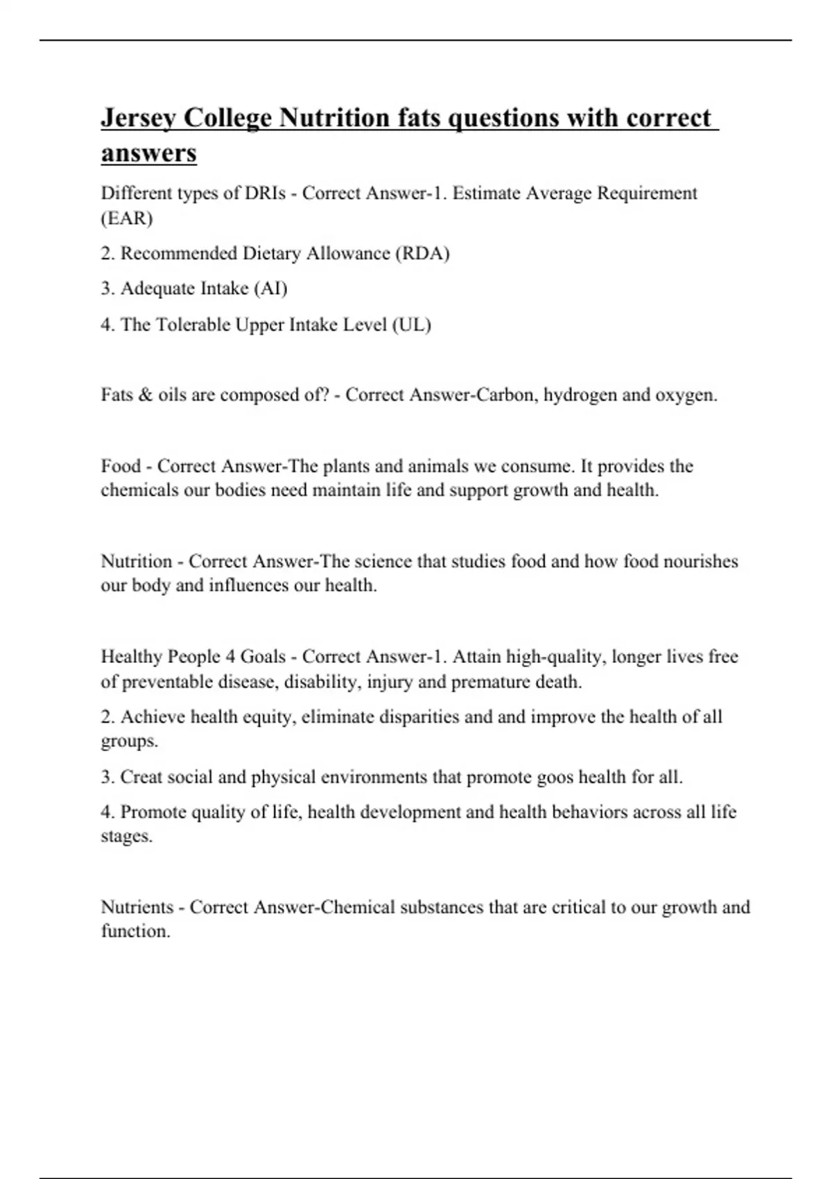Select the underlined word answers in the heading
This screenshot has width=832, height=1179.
tap(148, 153)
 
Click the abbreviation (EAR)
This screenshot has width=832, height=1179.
tap(127, 218)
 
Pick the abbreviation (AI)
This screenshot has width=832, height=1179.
tap(270, 289)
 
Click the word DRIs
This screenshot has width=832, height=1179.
tap(265, 193)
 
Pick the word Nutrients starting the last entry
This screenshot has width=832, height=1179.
tap(137, 907)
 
